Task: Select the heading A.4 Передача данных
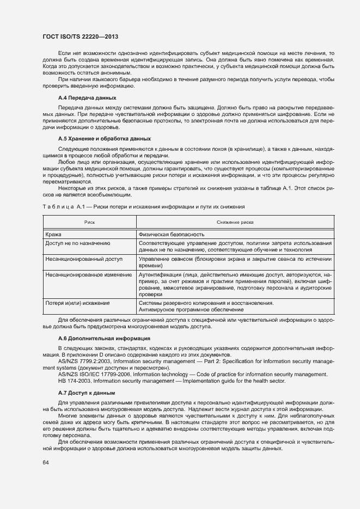87,97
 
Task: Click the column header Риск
89,223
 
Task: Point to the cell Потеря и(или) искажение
78,303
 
